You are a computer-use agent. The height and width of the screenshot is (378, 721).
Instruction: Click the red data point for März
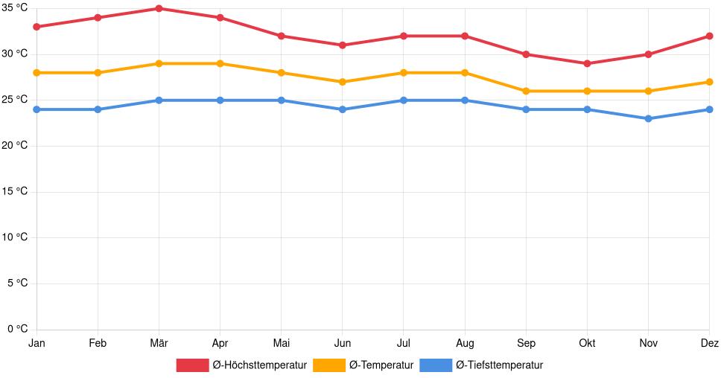coord(159,8)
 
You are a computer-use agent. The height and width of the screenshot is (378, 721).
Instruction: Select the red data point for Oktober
coord(587,63)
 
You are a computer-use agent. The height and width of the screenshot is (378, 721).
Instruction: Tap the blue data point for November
coord(648,118)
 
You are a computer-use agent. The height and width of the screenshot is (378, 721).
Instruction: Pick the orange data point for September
coord(526,91)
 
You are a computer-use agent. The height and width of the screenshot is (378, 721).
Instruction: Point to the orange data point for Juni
coord(342,82)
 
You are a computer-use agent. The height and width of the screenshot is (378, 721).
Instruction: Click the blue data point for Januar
coord(36,109)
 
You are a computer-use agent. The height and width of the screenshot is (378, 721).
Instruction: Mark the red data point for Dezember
coord(709,36)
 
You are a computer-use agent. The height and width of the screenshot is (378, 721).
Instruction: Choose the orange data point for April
coord(220,63)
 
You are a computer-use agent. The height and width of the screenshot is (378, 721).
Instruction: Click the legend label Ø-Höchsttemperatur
coord(259,365)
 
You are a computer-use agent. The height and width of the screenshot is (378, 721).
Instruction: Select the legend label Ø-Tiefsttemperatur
coord(499,365)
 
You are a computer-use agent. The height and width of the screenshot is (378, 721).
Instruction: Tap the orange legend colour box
coord(328,365)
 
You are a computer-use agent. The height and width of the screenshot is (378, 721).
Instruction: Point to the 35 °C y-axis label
coord(15,7)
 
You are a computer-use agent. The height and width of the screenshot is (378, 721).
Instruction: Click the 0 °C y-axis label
coord(17,329)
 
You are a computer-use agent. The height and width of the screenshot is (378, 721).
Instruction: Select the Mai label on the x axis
coord(281,343)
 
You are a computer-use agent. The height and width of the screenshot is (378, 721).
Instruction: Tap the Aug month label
coord(465,343)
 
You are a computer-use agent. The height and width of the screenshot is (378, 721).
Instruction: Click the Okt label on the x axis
coord(587,343)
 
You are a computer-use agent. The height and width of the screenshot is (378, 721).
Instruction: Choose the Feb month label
coord(98,343)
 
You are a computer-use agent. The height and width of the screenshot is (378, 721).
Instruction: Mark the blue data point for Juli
coord(403,100)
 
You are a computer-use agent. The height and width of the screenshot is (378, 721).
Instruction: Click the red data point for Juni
coord(342,45)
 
